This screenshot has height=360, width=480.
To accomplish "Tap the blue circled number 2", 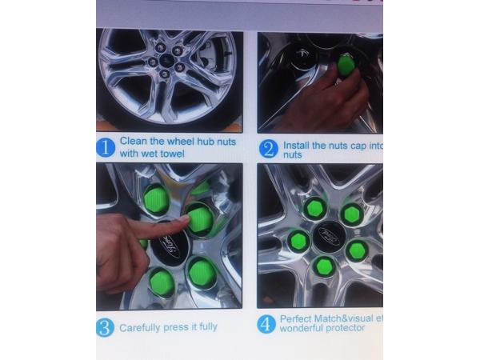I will coord(269,149).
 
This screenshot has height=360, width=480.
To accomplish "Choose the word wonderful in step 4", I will coord(306,329).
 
